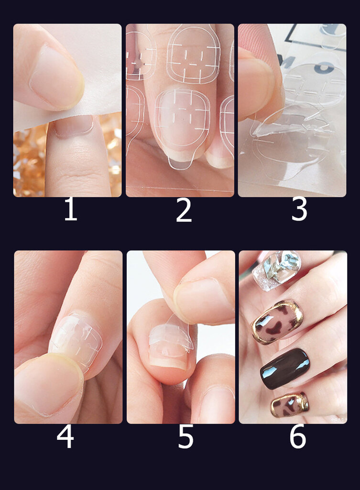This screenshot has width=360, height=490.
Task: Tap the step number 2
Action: pos(184,211)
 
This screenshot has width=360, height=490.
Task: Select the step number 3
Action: pos(299,210)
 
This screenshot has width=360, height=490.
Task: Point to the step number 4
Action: pos(65,437)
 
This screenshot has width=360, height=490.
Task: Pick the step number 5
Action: pos(186,437)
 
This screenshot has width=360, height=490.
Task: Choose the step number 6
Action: pos(297,437)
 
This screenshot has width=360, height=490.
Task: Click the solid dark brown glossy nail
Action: pos(285,368)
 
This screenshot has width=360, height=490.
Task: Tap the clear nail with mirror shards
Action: pos(277,270)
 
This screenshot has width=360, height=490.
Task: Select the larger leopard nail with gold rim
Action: pos(277,323)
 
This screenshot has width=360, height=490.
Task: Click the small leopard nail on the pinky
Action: pos(290,405)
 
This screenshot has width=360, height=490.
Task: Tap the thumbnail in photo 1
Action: pos(56,76)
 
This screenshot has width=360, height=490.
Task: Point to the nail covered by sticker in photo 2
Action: pos(182,120)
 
